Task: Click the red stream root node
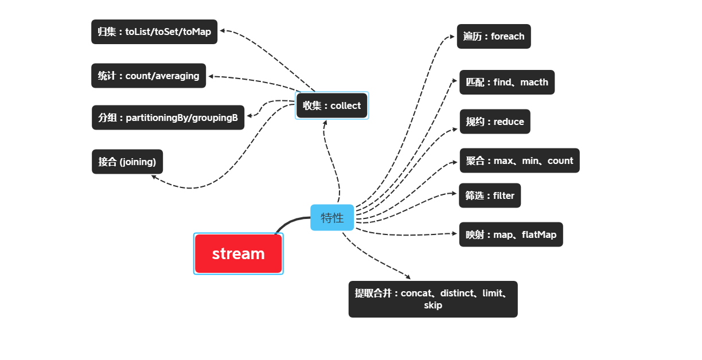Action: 238,253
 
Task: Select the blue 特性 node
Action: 332,217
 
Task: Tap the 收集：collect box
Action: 331,105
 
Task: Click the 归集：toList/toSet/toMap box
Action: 154,32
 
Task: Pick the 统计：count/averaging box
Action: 148,76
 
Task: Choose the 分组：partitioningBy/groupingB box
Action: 167,118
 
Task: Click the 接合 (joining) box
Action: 127,162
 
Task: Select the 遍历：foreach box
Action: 494,36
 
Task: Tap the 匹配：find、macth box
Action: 506,82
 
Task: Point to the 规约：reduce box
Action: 494,122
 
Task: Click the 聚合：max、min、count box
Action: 519,161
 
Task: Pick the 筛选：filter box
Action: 490,195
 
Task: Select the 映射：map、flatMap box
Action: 510,234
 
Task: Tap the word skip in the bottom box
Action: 432,306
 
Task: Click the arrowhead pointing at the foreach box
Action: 453,37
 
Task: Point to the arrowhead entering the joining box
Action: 154,177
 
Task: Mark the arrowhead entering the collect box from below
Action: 325,122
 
